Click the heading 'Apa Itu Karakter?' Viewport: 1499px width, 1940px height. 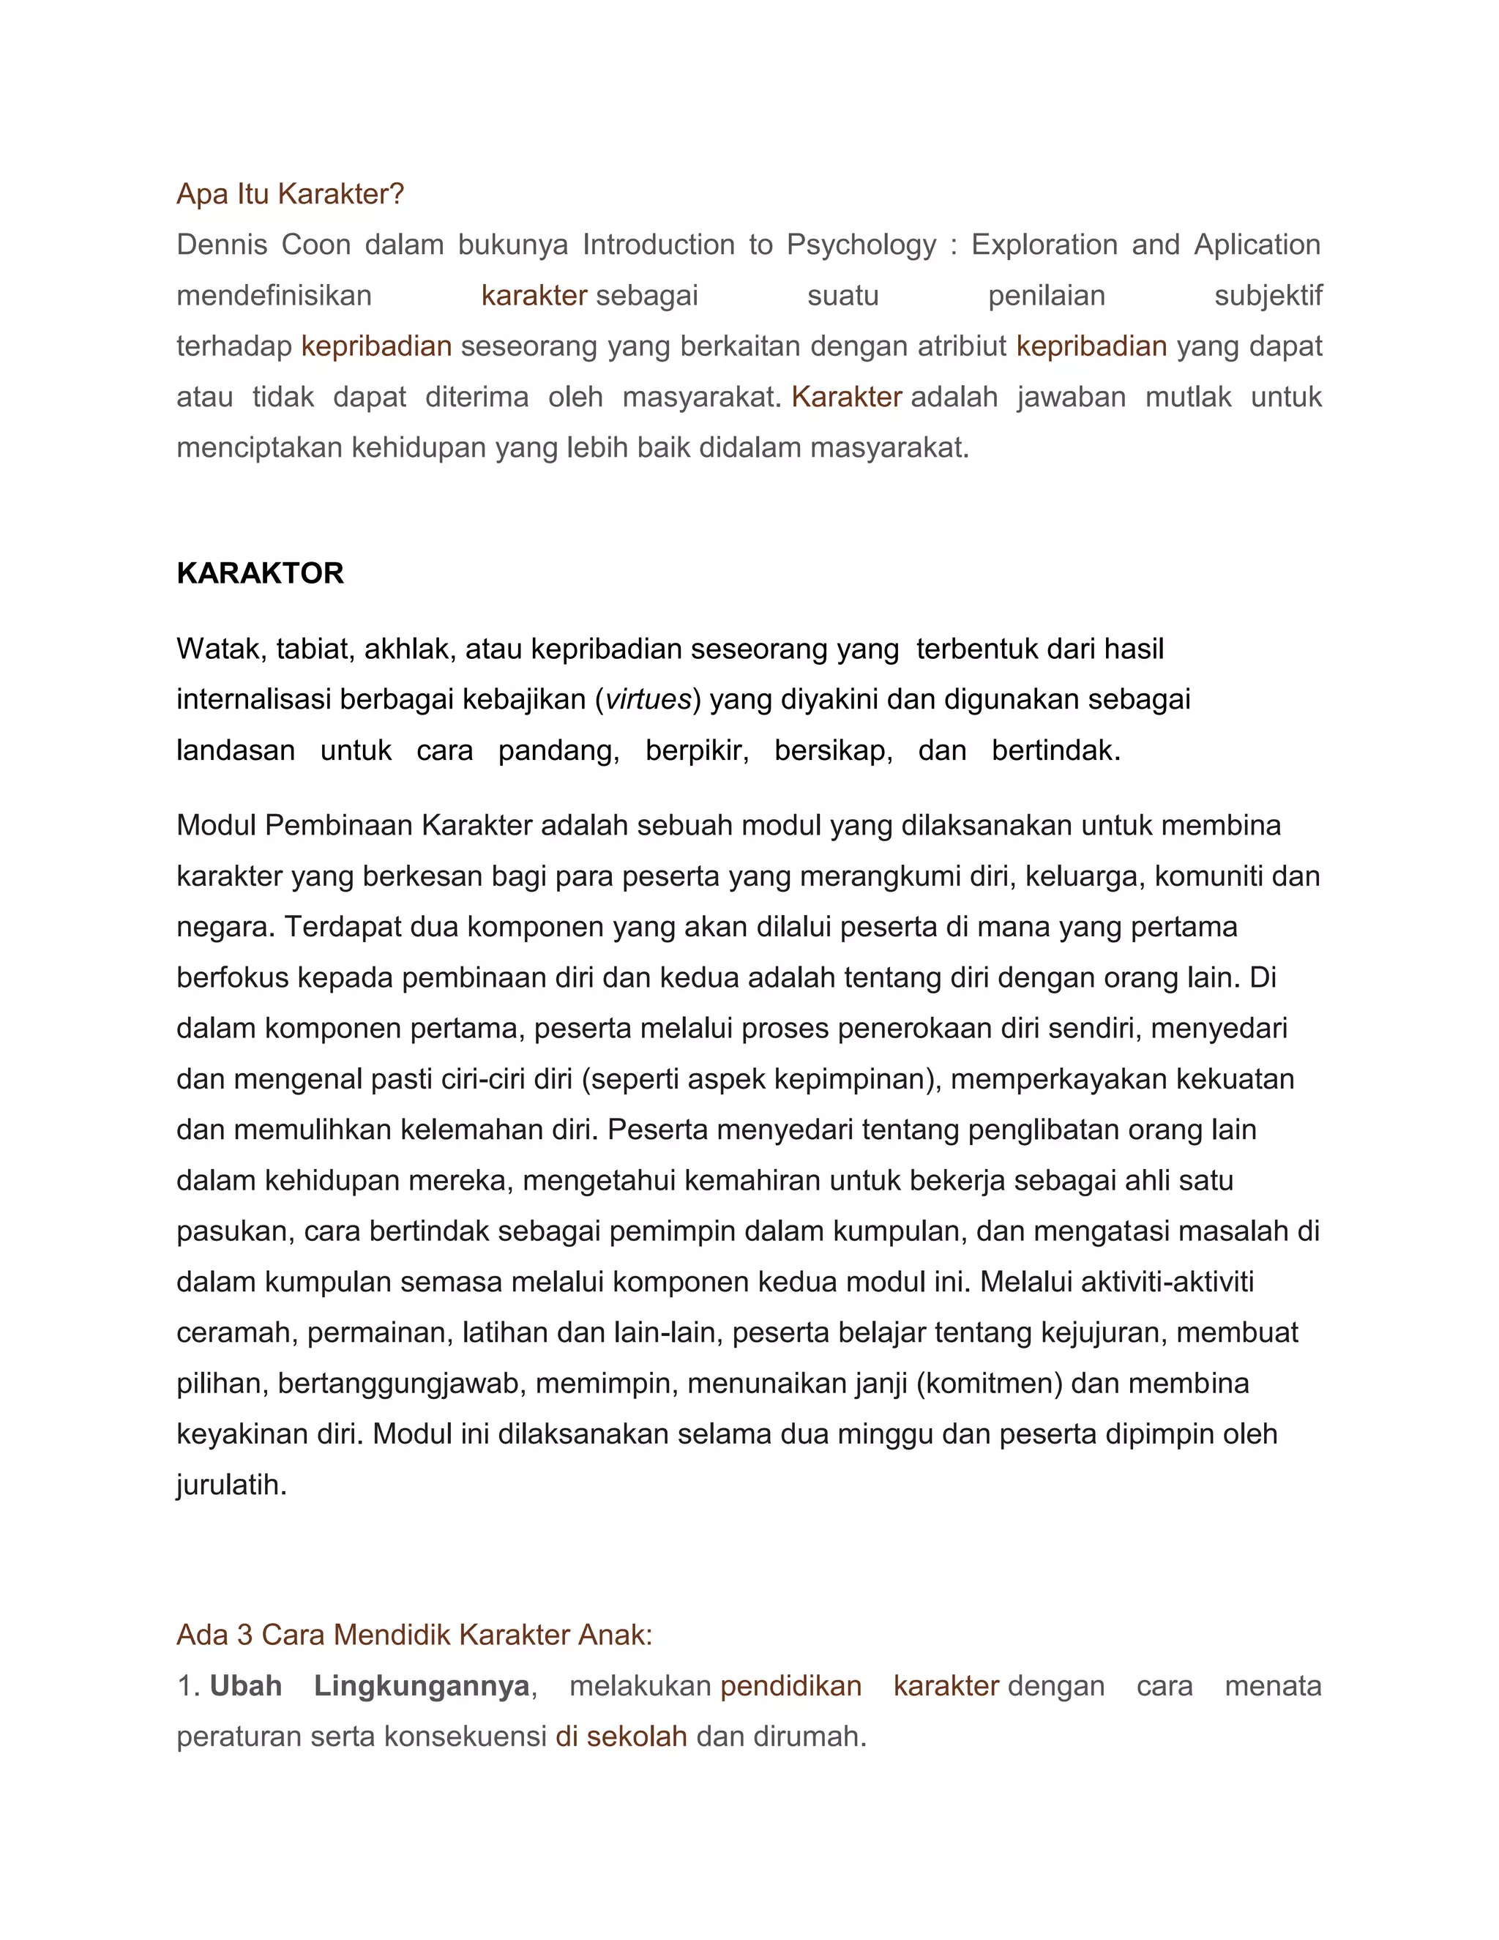pos(290,194)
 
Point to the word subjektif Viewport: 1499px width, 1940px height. pos(1268,295)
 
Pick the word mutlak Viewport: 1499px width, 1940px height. pos(1187,396)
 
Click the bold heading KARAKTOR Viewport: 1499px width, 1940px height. pos(260,573)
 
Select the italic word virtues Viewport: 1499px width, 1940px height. pos(647,700)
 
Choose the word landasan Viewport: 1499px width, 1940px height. pos(236,750)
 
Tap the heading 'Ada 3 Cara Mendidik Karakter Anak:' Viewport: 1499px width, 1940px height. pos(414,1635)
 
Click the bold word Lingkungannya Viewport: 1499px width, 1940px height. pos(421,1686)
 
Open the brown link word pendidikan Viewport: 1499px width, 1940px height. pos(790,1686)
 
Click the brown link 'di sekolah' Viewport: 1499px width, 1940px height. pos(621,1736)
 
